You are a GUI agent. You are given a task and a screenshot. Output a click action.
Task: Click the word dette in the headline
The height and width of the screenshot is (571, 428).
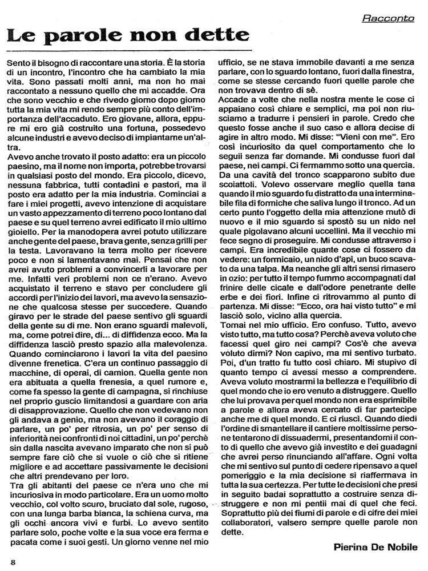[204, 37]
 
